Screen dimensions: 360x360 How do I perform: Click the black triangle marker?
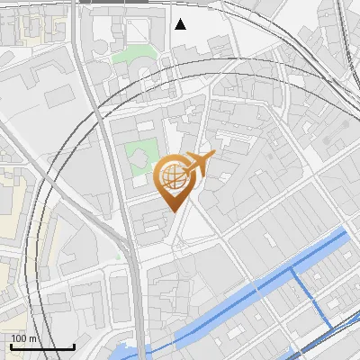point(181,24)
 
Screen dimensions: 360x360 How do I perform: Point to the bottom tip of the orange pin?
point(172,211)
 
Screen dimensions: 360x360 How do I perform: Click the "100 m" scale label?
point(24,338)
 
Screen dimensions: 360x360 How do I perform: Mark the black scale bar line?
point(42,346)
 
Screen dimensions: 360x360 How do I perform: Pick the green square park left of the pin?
point(140,157)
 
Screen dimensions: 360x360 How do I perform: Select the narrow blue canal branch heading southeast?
point(306,297)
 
